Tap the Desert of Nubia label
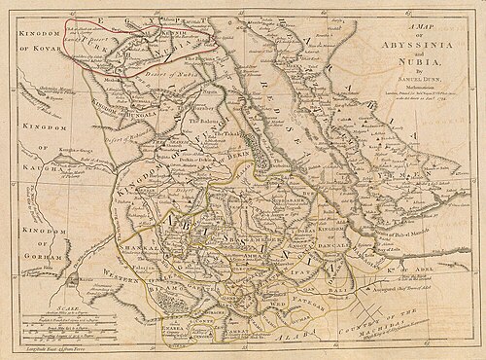[147, 74]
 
